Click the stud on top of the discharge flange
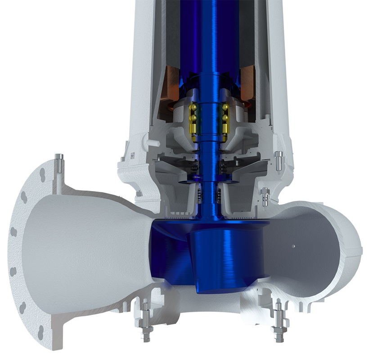point(58,163)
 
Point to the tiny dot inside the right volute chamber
point(293,246)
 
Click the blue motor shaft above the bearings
point(209,45)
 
